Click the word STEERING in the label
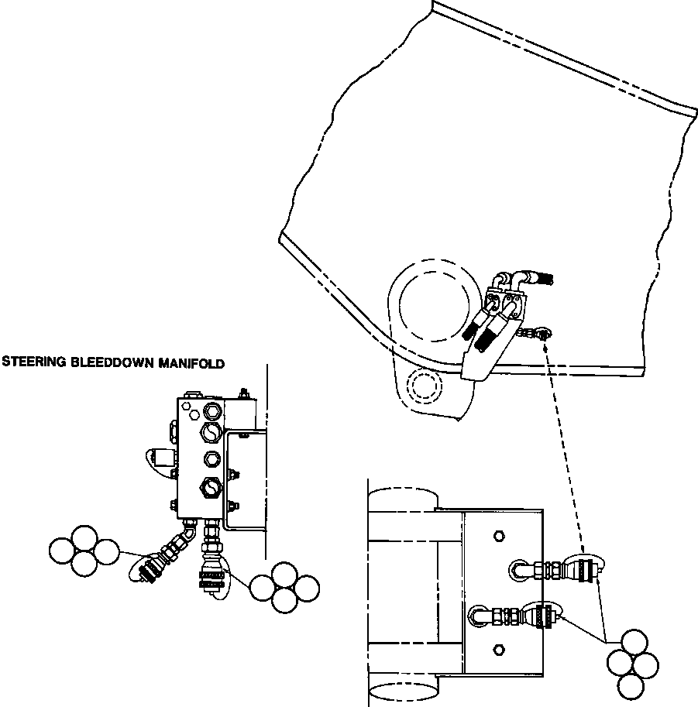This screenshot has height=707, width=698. point(35,362)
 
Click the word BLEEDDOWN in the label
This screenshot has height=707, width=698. point(112,362)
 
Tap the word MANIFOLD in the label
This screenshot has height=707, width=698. point(191,363)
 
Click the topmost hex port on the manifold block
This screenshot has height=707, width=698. point(211,410)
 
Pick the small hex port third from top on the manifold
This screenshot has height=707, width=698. point(211,458)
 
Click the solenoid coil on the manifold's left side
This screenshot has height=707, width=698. point(163,458)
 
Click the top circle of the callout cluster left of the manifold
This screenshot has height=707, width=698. point(84,538)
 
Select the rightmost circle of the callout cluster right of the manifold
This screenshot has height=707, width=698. point(307,589)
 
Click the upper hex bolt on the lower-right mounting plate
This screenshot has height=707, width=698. point(499,536)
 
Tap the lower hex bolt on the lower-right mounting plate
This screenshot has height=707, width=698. point(499,650)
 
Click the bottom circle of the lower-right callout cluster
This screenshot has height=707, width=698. point(630,687)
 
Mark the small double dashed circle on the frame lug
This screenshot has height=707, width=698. point(425,386)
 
